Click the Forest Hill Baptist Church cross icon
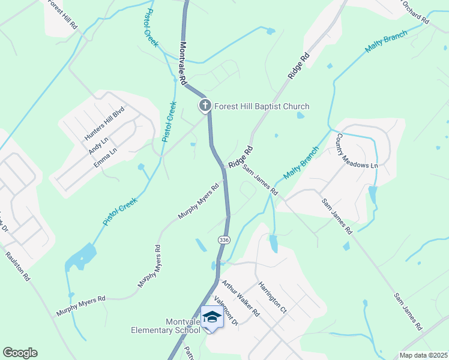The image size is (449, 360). pyautogui.click(x=205, y=106)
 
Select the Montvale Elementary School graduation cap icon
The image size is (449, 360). pyautogui.click(x=212, y=316)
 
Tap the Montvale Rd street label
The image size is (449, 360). pyautogui.click(x=183, y=62)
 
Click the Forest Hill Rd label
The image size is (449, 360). pyautogui.click(x=62, y=15)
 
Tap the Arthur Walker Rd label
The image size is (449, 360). pyautogui.click(x=240, y=298)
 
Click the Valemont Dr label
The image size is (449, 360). pyautogui.click(x=226, y=310)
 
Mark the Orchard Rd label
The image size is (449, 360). pyautogui.click(x=415, y=12)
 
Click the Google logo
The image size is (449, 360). pyautogui.click(x=20, y=353)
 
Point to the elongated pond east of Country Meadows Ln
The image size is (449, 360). pyautogui.click(x=373, y=194)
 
